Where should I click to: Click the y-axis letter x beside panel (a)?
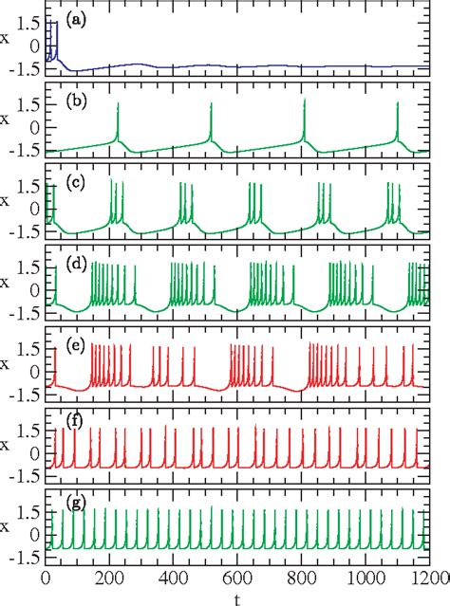tap(7, 42)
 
